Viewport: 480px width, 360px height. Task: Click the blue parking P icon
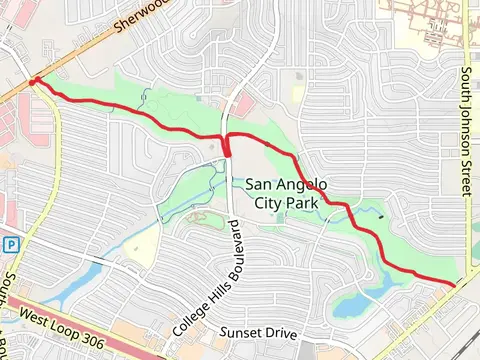[x=11, y=244]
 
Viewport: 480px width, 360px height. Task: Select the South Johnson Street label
[x=466, y=134]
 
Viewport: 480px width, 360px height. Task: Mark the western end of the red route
[x=34, y=82]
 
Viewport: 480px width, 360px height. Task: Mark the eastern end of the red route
[x=454, y=285]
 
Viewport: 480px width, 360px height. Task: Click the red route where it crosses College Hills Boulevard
[x=228, y=141]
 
